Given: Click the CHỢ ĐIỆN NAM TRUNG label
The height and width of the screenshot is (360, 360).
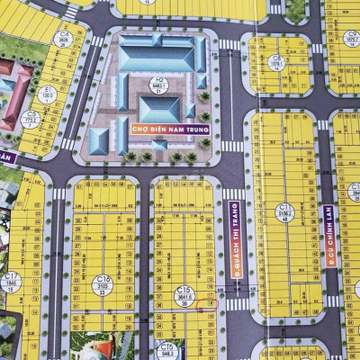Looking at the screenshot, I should [x=170, y=130].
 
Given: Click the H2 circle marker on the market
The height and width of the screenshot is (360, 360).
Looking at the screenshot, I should [x=159, y=85].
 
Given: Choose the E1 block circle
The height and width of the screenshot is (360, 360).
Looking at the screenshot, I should [x=48, y=92].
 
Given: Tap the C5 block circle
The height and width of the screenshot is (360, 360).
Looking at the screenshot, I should [x=33, y=116].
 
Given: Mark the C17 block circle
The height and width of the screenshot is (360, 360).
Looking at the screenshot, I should [x=12, y=282].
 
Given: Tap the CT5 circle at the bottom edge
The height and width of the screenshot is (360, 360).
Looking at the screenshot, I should [x=166, y=348].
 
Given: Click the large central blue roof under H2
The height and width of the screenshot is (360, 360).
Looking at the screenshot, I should [x=159, y=109].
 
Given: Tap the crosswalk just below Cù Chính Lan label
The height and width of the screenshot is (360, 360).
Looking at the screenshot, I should [x=333, y=301].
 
